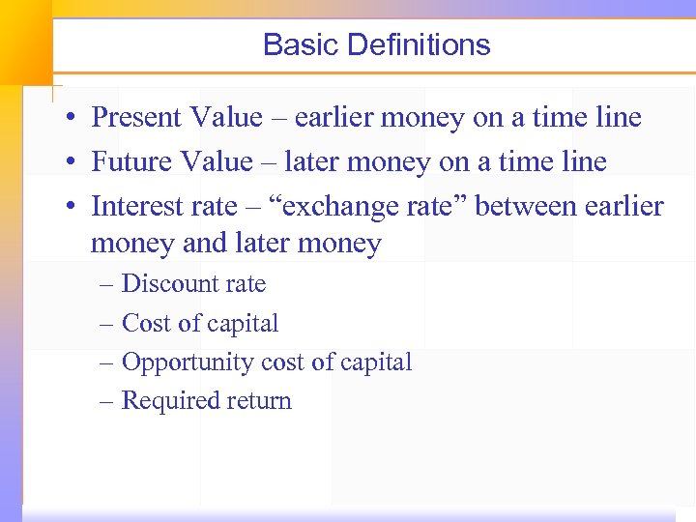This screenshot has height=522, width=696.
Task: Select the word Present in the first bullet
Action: click(x=135, y=118)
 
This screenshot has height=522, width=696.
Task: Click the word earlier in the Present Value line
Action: click(x=332, y=118)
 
